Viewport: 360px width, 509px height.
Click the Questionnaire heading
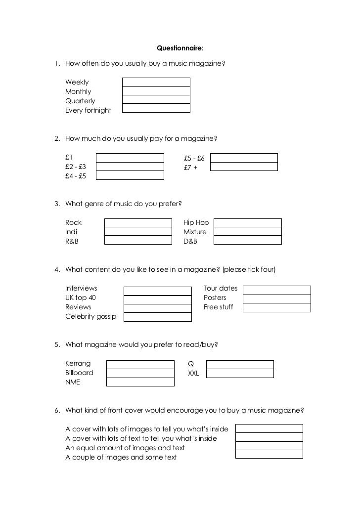click(x=180, y=48)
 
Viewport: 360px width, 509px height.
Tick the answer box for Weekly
click(x=156, y=82)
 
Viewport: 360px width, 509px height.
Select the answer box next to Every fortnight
click(x=156, y=108)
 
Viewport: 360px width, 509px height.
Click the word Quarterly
click(x=80, y=101)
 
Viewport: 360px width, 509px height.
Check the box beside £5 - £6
click(x=244, y=158)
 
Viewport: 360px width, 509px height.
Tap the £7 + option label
click(x=190, y=168)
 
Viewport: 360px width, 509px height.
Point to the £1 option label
click(x=69, y=158)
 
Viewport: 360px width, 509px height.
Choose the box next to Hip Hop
click(x=247, y=223)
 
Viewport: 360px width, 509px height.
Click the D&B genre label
click(x=190, y=241)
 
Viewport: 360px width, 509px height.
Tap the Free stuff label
click(x=218, y=307)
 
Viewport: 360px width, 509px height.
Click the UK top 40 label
click(x=81, y=297)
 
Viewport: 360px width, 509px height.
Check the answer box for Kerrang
click(x=140, y=364)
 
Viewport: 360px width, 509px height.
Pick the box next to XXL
click(x=240, y=374)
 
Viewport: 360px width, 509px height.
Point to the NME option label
click(x=72, y=382)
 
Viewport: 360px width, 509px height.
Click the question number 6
click(x=57, y=410)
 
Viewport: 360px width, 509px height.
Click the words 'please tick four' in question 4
click(x=249, y=269)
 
